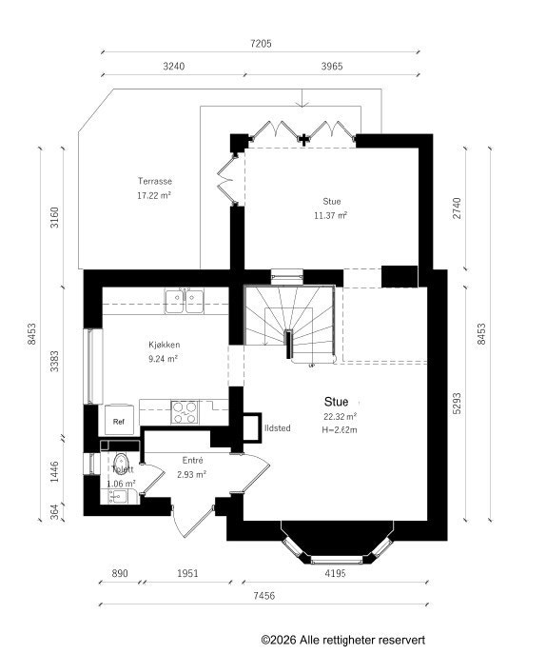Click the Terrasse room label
[x=155, y=181]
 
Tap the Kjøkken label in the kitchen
[x=165, y=345]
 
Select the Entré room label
[x=192, y=461]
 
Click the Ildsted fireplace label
[x=278, y=428]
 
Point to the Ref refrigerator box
[x=119, y=420]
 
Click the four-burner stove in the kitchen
[x=185, y=412]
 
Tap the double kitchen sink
[x=184, y=301]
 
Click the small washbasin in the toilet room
[x=118, y=496]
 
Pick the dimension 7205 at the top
[x=261, y=44]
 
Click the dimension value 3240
[x=174, y=67]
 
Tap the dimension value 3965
[x=332, y=67]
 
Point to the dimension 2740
[x=458, y=208]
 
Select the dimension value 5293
[x=458, y=404]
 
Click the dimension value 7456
[x=263, y=596]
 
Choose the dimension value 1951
[x=187, y=573]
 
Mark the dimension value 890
[x=120, y=573]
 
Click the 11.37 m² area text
[x=331, y=216]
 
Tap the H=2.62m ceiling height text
[x=340, y=430]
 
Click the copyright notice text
[x=343, y=640]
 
